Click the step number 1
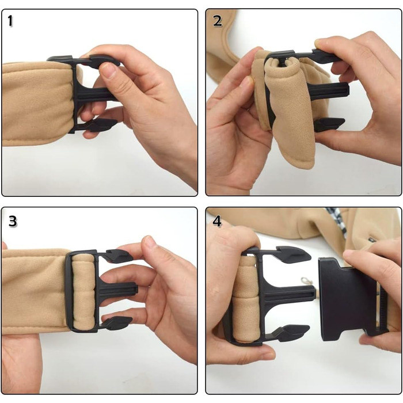point(10,21)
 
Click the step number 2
point(218,21)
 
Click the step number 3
point(13,221)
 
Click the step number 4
point(217,221)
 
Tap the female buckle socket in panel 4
point(352,299)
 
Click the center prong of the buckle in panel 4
point(289,294)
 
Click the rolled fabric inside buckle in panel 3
point(83,292)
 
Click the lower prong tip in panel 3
point(117,323)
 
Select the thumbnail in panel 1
point(108,71)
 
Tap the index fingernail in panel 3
point(150,241)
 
